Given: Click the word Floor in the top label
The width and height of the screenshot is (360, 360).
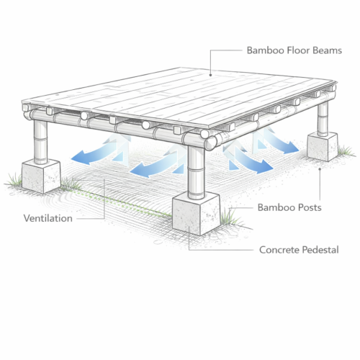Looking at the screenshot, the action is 300,50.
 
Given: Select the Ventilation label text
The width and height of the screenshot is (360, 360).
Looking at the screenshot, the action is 48,218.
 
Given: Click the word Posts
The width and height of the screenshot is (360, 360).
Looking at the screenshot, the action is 310,207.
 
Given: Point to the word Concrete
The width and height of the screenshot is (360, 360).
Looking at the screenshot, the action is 279,250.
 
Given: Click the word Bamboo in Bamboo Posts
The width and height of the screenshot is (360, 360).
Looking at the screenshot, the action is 276,207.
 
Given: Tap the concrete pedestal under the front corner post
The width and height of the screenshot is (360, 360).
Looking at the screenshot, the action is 196,214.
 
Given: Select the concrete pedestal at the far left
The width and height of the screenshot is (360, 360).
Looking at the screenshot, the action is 41,176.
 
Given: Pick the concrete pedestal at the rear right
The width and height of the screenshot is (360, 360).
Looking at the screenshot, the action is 323,146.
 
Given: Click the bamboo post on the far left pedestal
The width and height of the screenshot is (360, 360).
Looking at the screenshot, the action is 40,142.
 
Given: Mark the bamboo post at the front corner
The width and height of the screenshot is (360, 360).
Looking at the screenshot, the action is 196,171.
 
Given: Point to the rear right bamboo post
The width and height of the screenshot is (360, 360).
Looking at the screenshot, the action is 323,119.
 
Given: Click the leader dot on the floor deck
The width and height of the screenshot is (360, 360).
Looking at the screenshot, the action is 210,75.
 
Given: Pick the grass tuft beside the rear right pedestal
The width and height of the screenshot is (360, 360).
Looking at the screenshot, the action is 346,151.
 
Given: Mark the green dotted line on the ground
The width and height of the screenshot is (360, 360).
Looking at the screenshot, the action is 122,204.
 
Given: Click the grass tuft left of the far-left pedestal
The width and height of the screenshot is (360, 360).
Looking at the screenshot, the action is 14,180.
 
